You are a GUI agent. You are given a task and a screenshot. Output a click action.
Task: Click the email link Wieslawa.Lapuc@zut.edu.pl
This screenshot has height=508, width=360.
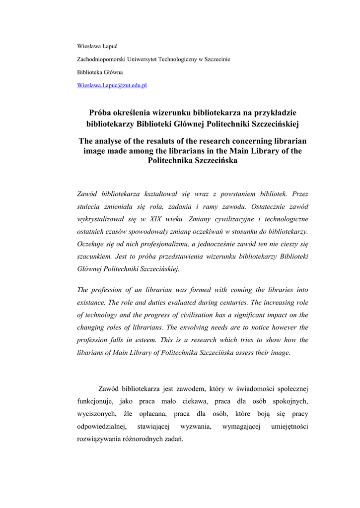[112, 85]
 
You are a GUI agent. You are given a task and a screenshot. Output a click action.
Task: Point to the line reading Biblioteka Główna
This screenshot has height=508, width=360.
[100, 72]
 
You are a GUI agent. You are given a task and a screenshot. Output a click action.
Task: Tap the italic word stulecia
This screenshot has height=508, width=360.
[89, 206]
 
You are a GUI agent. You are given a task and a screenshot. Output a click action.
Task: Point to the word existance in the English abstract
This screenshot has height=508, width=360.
[91, 302]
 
